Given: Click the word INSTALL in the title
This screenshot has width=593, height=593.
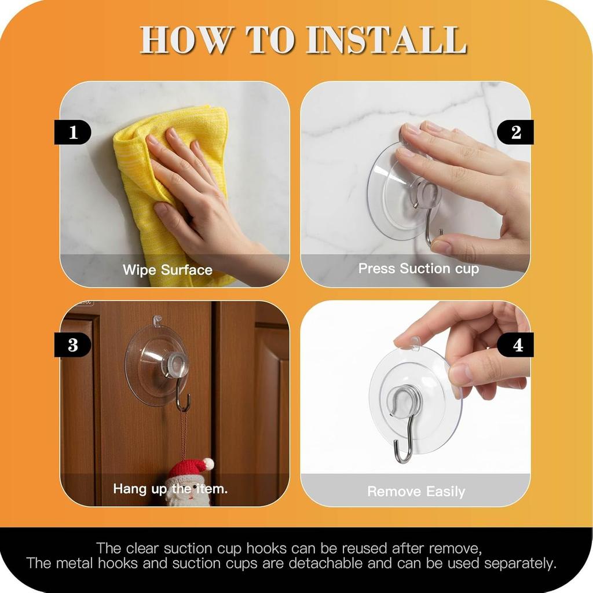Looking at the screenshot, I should point(386,40).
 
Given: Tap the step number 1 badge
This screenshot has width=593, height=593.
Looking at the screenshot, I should point(73,133).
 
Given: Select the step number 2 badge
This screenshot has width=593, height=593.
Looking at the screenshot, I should point(515,133).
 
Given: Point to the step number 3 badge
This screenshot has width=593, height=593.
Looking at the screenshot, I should point(73,345).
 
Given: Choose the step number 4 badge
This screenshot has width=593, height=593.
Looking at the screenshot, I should point(517,345).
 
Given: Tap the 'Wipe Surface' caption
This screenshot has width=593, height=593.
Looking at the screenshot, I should point(167,270).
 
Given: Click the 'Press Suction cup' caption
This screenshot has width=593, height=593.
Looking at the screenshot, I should point(418,269).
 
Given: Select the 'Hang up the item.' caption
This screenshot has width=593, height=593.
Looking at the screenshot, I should point(170,489).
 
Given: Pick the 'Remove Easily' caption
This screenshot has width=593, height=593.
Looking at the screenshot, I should point(416,492).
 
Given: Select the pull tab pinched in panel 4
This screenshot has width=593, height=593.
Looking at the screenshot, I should point(415,343).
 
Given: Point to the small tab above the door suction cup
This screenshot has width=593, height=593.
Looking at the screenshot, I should point(156,319).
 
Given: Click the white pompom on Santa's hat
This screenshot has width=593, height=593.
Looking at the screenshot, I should point(208,463).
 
